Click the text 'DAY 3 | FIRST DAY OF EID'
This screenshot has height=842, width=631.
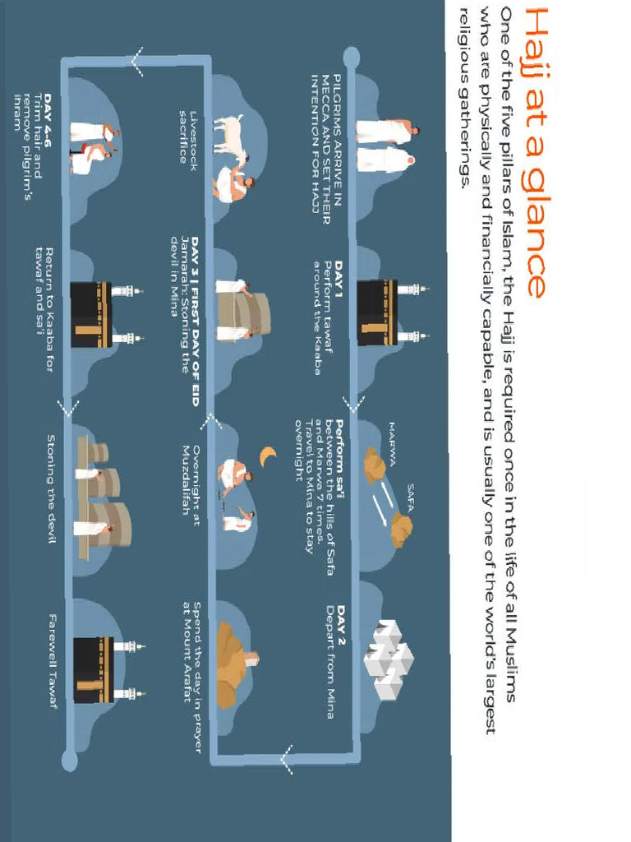click(x=194, y=321)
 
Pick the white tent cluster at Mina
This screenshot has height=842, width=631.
click(x=388, y=659)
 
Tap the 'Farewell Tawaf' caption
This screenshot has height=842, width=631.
click(x=53, y=662)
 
